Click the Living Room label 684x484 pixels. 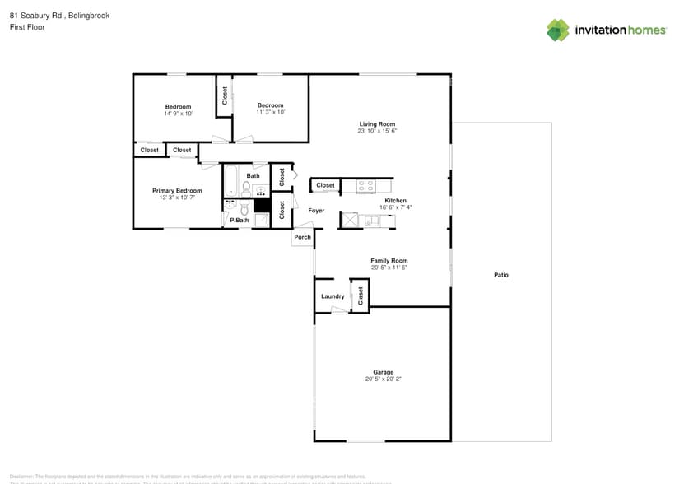378,123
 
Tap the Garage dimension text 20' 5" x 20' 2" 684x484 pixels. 382,379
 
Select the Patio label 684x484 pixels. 500,275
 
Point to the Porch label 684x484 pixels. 302,237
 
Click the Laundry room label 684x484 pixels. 333,296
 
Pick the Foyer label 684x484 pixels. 316,211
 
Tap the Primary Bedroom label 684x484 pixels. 177,191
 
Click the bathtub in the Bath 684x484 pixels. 230,180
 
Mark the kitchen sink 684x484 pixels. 372,221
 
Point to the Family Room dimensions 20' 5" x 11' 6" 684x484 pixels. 389,268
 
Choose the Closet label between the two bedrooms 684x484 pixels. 224,96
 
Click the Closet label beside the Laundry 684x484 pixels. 360,296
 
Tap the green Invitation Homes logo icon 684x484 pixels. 558,30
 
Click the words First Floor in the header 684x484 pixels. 27,27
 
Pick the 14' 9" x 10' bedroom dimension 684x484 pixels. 178,114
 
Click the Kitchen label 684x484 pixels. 395,201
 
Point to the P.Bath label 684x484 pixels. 240,220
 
